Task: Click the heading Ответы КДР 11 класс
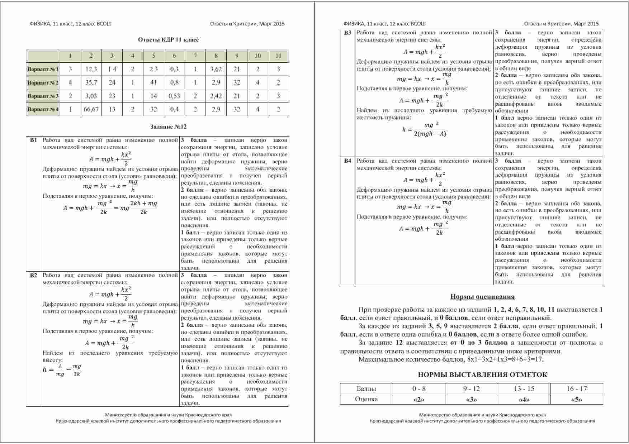168,40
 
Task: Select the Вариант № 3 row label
43,96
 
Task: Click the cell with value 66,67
91,109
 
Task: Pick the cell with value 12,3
91,69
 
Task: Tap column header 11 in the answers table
278,56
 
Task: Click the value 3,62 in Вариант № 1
216,69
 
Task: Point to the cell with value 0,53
174,96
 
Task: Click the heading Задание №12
168,127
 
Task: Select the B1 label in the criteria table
33,140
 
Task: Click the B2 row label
33,275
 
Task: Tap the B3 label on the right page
347,33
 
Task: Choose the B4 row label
347,161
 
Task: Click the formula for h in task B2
62,370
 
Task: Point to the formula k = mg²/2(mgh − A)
424,129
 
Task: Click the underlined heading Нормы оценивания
482,297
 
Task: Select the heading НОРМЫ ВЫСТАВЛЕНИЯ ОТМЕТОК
482,375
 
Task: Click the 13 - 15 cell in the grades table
524,389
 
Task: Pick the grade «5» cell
576,400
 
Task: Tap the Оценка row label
366,400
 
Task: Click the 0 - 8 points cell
419,389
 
